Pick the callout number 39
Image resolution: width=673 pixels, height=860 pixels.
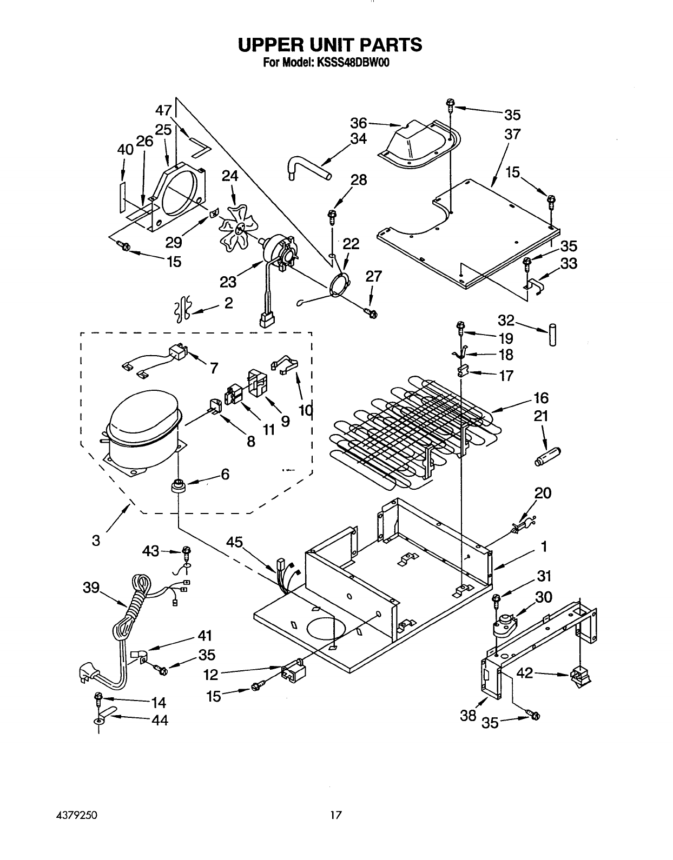[x=91, y=588]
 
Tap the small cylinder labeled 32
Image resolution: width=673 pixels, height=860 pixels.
[x=552, y=335]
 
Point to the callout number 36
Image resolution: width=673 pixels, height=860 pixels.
[x=359, y=123]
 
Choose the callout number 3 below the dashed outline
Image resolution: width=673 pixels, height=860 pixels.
[x=96, y=540]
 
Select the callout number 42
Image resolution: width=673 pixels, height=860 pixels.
[x=525, y=672]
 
